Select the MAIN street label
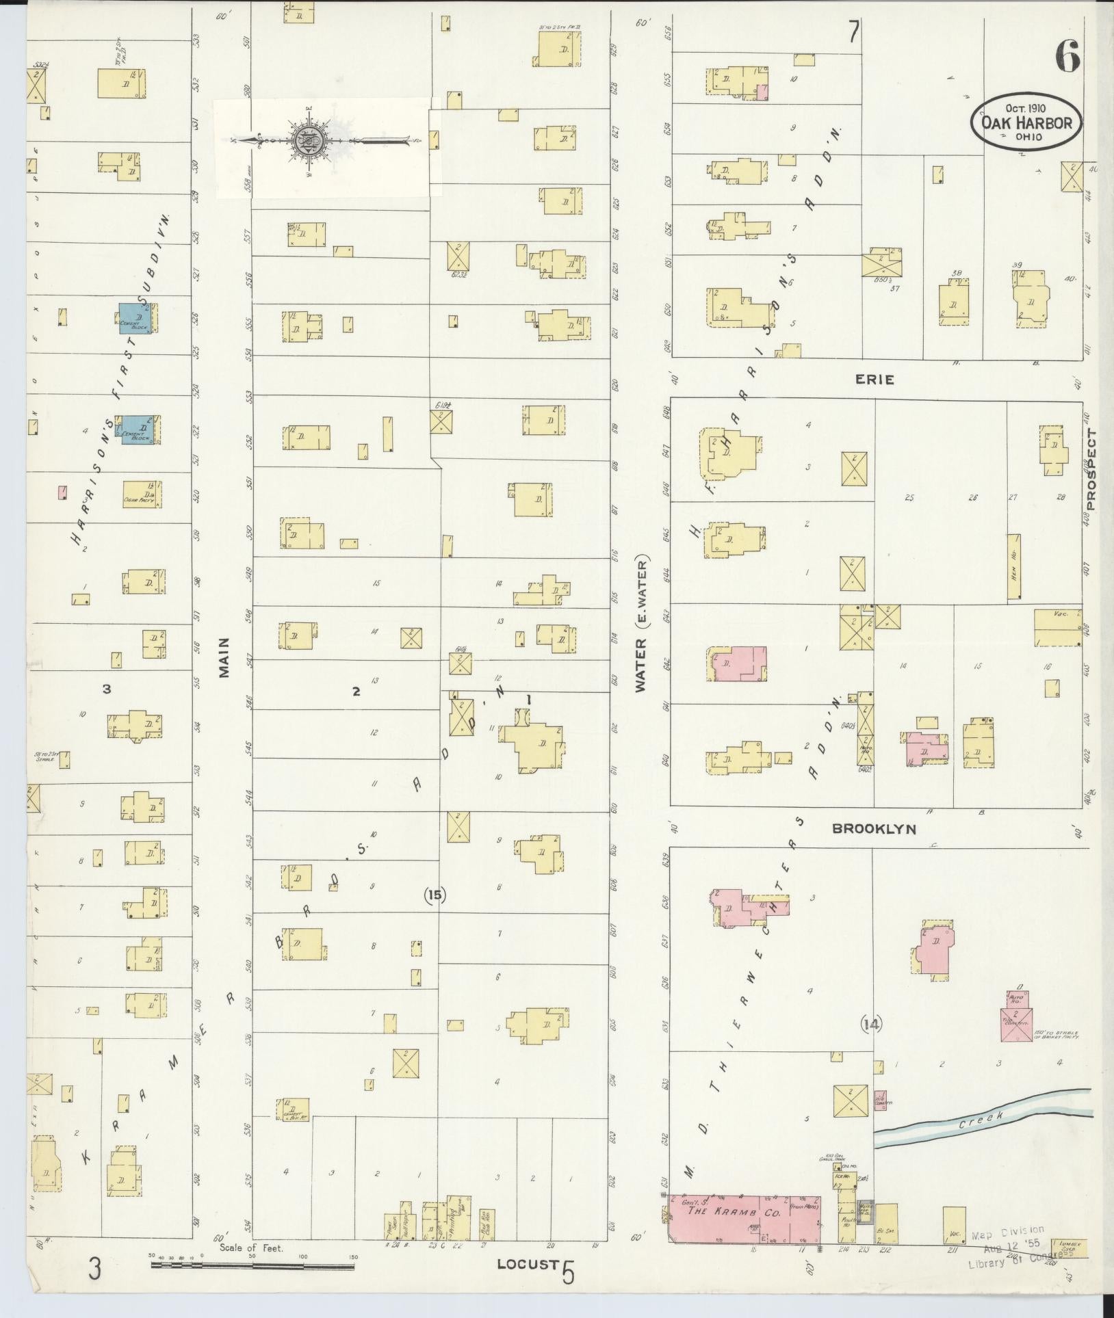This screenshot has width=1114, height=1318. [224, 658]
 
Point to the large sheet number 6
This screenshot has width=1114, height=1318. [1067, 56]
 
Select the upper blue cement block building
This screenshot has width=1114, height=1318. [138, 318]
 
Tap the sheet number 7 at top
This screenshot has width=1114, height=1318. [853, 32]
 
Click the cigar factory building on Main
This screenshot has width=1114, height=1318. [142, 495]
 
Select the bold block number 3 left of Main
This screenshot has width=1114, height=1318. [107, 689]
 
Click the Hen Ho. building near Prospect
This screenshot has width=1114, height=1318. [1013, 567]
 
